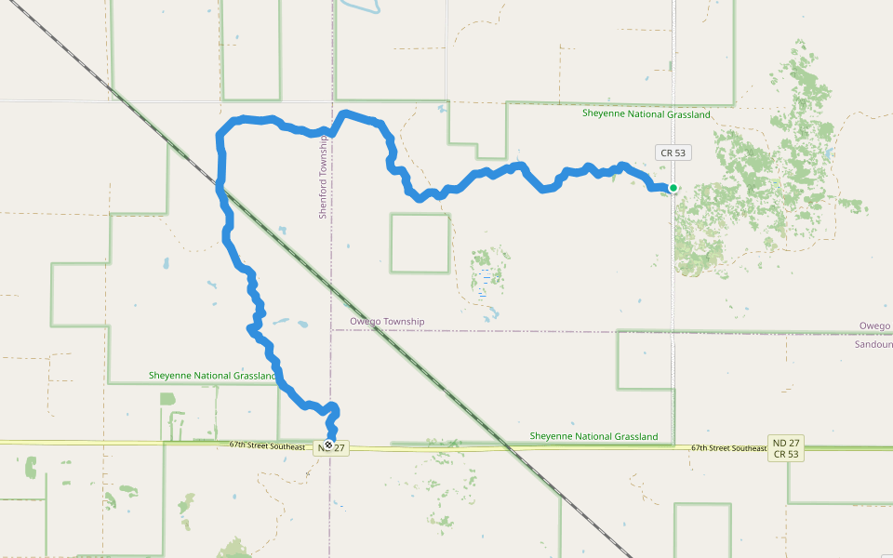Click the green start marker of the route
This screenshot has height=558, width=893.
click(673, 188)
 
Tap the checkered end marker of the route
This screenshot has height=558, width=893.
click(328, 445)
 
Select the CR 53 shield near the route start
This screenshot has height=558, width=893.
click(673, 153)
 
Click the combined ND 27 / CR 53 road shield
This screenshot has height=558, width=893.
click(787, 448)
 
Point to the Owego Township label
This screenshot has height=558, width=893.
click(387, 322)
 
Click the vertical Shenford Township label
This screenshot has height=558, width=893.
click(324, 177)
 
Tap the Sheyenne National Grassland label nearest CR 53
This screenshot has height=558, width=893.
click(646, 114)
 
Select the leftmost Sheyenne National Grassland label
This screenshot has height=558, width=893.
click(213, 376)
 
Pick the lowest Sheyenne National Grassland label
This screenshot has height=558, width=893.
click(593, 436)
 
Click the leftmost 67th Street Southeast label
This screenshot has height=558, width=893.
click(267, 446)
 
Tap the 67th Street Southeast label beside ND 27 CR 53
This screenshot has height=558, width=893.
click(728, 448)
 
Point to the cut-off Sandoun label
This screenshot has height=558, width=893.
click(873, 343)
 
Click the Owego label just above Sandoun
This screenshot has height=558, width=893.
click(875, 325)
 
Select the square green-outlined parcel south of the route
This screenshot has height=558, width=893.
click(420, 243)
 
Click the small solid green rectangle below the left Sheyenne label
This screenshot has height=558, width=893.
click(167, 399)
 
